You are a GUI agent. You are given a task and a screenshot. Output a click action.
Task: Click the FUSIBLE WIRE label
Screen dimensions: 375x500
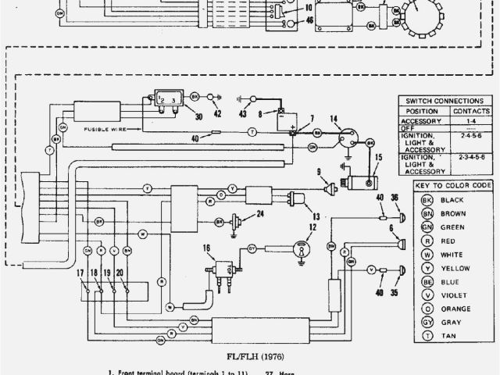(102, 129)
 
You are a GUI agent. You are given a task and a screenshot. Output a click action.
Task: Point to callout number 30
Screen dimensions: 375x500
(198, 117)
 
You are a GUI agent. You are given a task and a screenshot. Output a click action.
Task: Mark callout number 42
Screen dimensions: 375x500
(217, 115)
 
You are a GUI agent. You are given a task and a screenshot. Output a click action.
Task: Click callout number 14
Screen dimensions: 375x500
(334, 120)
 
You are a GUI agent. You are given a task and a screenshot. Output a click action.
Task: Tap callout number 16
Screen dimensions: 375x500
(207, 248)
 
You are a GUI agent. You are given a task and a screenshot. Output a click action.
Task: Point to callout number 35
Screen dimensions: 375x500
(394, 293)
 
